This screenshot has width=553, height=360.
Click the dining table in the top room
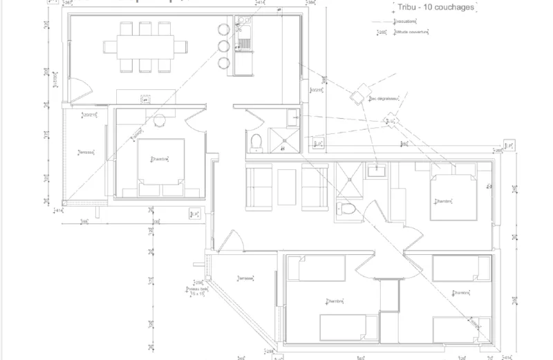coord(145,47)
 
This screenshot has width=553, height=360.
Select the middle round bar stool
coord(224,47)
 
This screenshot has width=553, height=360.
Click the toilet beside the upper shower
coord(256,141)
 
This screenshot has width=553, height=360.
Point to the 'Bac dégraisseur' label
coord(385,98)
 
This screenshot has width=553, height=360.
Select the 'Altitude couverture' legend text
coord(412,32)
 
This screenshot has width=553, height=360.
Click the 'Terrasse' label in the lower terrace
coord(245,278)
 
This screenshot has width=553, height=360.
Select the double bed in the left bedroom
coord(160,163)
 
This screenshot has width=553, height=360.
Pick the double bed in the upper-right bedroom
coord(452,197)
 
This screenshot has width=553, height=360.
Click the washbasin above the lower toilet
coord(376,171)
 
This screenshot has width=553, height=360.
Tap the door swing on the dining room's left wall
coord(79,91)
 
